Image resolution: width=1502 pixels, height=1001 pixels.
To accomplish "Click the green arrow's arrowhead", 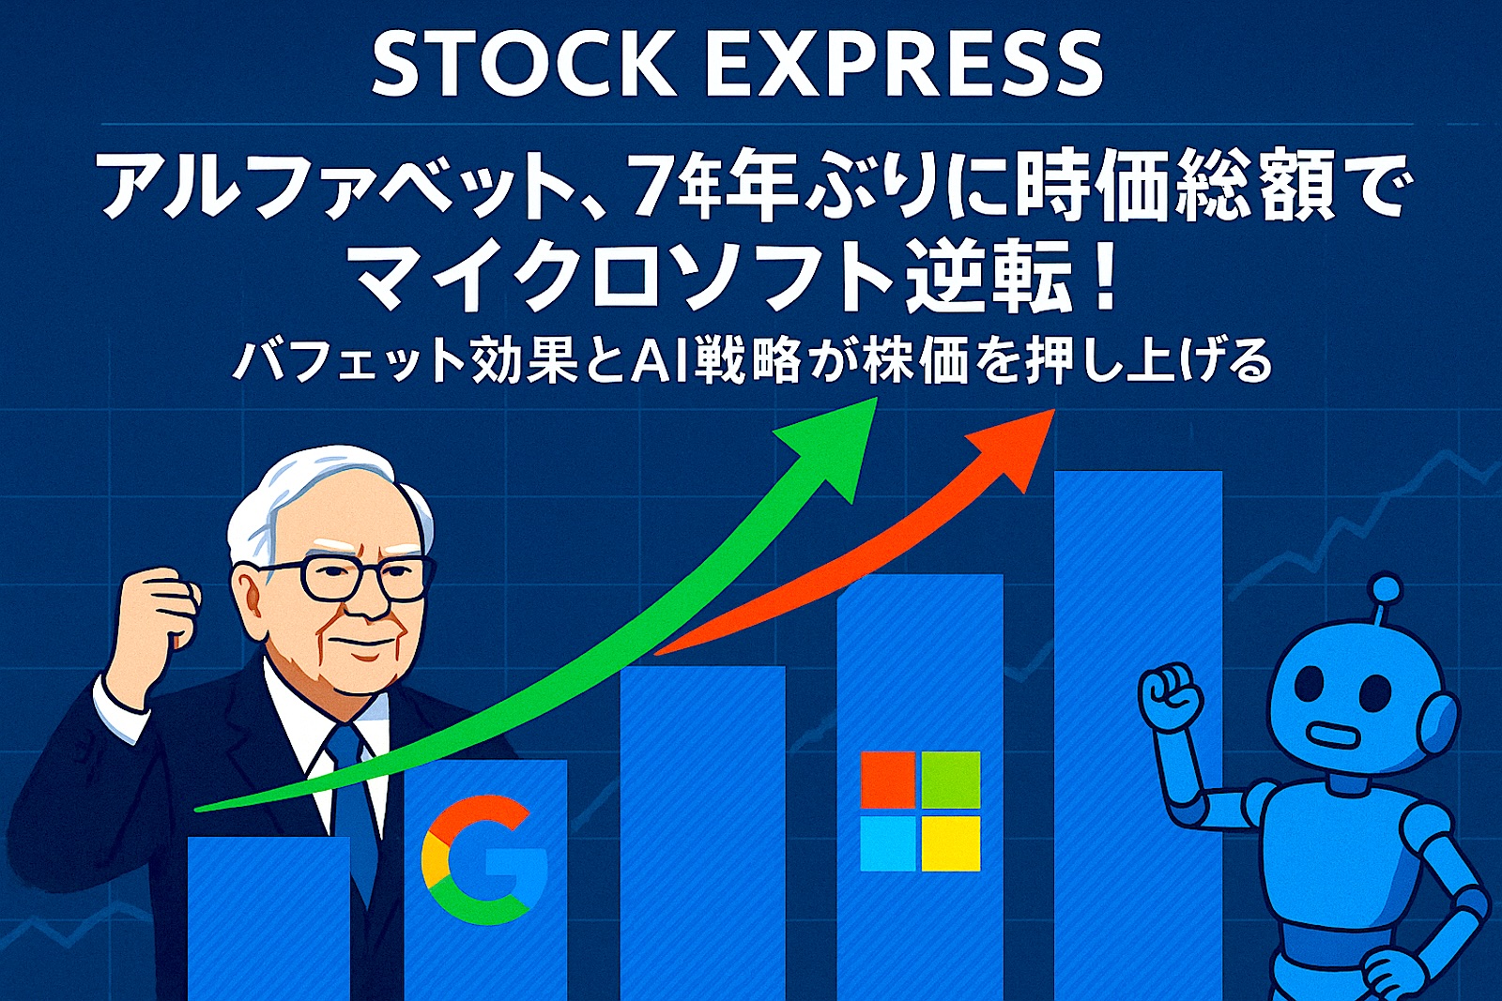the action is [834, 442].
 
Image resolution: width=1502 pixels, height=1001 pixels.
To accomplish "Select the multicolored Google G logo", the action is [484, 860].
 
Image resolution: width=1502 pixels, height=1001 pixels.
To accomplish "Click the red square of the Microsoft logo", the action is [888, 780].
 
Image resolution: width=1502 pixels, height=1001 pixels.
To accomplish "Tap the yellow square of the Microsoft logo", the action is [951, 842].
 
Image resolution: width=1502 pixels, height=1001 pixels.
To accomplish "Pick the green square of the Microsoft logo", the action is [951, 780].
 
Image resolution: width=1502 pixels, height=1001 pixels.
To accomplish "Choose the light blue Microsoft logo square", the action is [888, 842].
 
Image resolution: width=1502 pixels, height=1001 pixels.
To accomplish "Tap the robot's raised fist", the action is [1170, 696].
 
